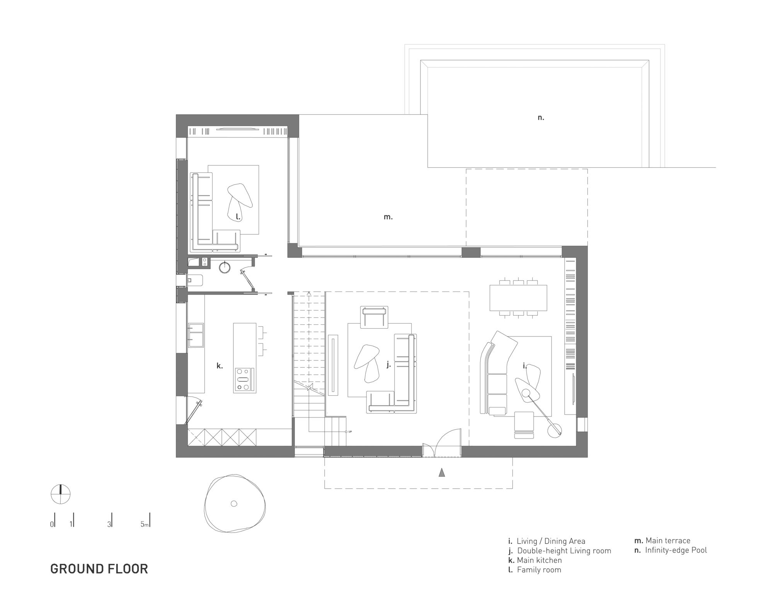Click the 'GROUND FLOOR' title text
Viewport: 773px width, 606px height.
pyautogui.click(x=99, y=569)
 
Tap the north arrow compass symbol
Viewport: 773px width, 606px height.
pyautogui.click(x=61, y=494)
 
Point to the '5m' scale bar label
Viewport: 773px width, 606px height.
pyautogui.click(x=145, y=524)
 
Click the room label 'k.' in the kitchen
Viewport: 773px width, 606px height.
pyautogui.click(x=220, y=365)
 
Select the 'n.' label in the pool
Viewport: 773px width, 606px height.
pyautogui.click(x=541, y=118)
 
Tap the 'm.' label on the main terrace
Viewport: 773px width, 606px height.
pyautogui.click(x=388, y=217)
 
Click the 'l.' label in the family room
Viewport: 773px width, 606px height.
pyautogui.click(x=238, y=217)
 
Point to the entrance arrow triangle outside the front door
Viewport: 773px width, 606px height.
pyautogui.click(x=442, y=473)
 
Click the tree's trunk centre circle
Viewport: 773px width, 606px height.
pyautogui.click(x=233, y=503)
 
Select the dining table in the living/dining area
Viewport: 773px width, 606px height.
pyautogui.click(x=518, y=298)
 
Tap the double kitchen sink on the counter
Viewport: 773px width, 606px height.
pyautogui.click(x=196, y=335)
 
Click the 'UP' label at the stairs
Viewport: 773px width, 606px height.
pyautogui.click(x=350, y=432)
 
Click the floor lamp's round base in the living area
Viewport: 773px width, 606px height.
pyautogui.click(x=555, y=430)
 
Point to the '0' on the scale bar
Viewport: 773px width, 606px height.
pyautogui.click(x=52, y=524)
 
